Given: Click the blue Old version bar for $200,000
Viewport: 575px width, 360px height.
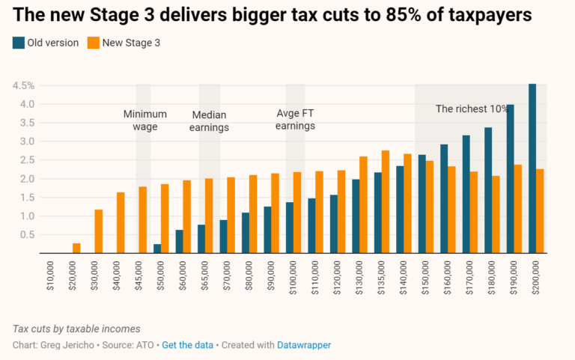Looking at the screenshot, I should click(532, 168).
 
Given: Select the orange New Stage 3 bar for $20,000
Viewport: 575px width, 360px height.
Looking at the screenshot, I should click(76, 248).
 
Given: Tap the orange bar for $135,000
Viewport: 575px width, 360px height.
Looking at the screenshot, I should click(386, 202).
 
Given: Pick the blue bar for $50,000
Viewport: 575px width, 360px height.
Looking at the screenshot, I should click(157, 248).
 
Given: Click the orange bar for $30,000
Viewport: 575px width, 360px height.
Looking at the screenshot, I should click(98, 231).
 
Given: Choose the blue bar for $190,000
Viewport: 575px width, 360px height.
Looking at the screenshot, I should click(510, 179).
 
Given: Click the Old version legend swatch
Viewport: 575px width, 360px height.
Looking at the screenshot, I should click(18, 43).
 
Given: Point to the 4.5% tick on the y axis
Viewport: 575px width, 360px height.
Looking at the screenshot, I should click(22, 85).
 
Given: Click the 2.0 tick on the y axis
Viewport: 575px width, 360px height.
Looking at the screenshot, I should click(26, 179).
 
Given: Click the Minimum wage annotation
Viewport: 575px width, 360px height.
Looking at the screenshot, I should click(144, 120).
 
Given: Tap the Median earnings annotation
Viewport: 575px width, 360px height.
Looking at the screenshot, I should click(209, 121).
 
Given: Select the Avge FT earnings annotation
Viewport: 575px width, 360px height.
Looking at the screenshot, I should click(295, 120).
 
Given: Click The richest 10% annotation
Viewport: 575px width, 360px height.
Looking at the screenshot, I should click(472, 109).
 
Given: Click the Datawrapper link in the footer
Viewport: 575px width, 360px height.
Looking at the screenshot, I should click(304, 345).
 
